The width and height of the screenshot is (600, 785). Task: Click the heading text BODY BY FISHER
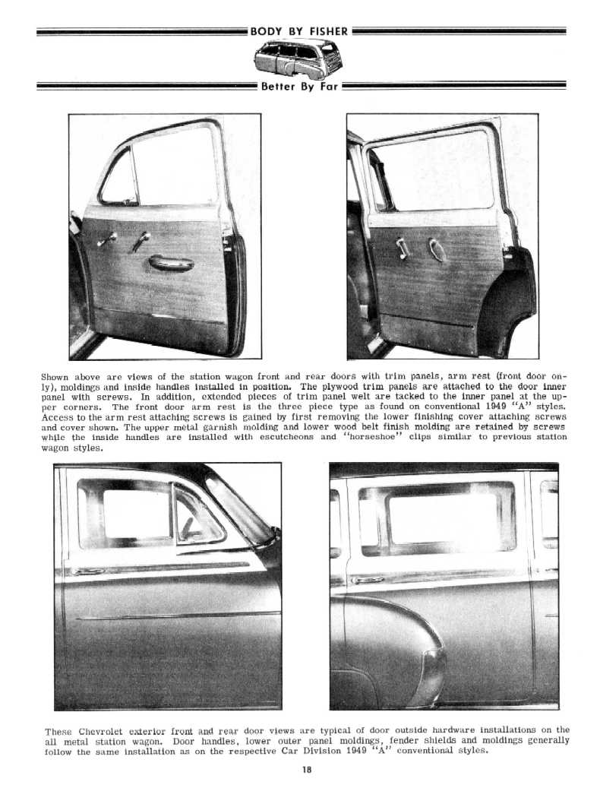(299, 31)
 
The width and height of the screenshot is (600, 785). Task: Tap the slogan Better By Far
(300, 87)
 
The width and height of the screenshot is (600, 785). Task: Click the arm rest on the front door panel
(171, 263)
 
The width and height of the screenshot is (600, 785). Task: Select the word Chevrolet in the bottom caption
(103, 731)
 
